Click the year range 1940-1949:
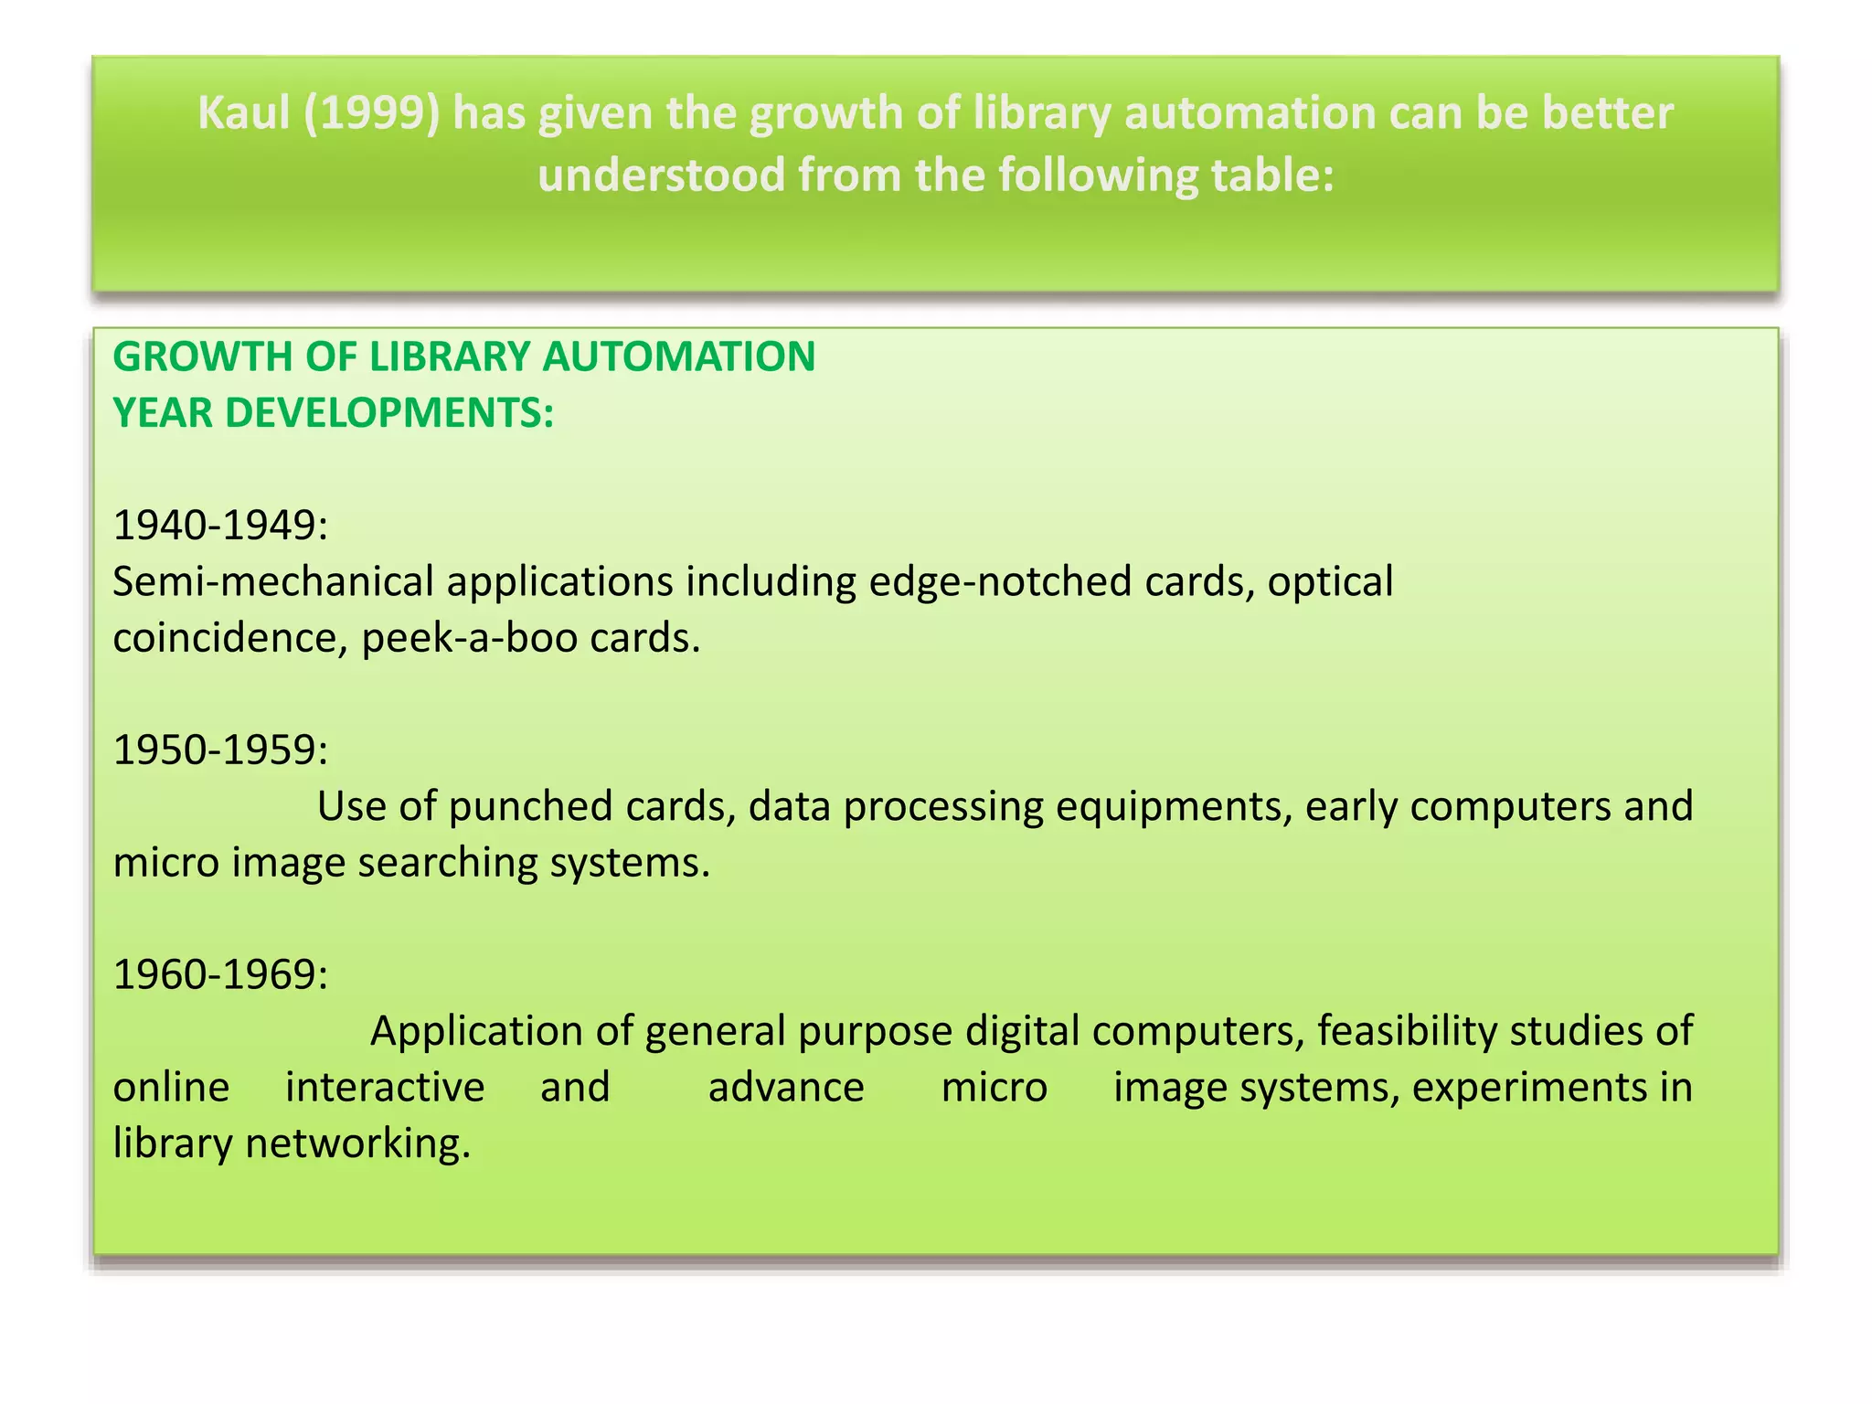tap(220, 526)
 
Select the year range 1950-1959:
tap(220, 750)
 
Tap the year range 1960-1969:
tap(220, 975)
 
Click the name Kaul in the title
tap(244, 114)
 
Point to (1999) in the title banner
tap(372, 114)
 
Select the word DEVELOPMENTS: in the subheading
tap(389, 414)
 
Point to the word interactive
tap(385, 1088)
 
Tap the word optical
tap(1330, 582)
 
